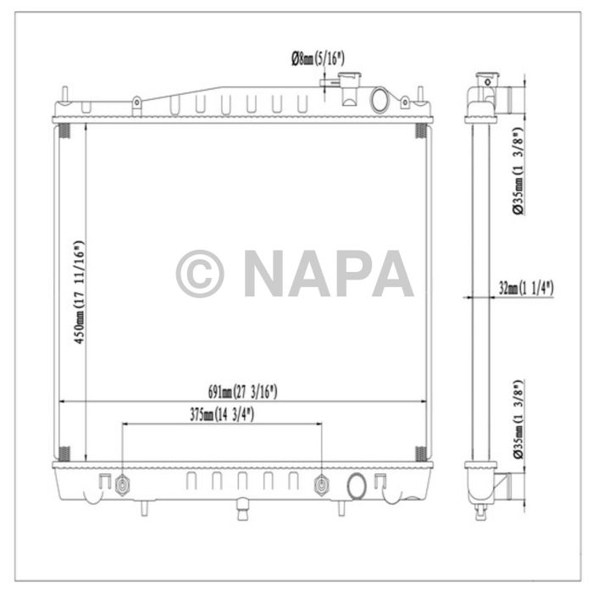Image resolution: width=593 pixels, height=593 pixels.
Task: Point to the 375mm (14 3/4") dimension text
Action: click(222, 415)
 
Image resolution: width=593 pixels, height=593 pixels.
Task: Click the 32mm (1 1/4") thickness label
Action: click(525, 288)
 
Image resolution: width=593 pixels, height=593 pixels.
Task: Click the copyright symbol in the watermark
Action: click(200, 273)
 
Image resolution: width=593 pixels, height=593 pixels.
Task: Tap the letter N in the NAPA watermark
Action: click(269, 273)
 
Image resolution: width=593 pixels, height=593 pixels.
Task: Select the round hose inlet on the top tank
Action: click(382, 99)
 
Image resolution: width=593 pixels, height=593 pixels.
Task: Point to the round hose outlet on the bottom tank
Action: click(357, 486)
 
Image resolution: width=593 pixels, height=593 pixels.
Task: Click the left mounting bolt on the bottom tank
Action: click(124, 485)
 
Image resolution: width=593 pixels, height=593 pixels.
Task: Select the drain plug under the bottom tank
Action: click(241, 512)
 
